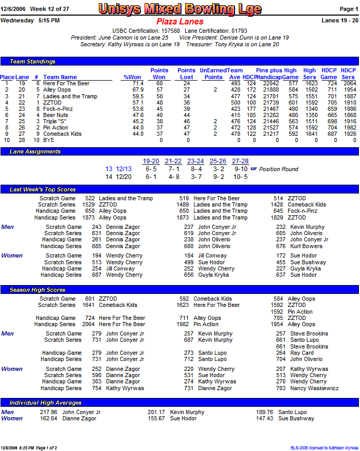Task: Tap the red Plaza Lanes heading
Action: (x=179, y=21)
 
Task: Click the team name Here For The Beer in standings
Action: (x=66, y=83)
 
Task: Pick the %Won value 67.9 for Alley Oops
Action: (x=137, y=90)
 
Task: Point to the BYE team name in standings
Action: (x=49, y=140)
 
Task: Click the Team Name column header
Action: (x=60, y=77)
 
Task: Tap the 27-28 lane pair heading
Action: (x=240, y=161)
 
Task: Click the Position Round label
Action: (x=278, y=169)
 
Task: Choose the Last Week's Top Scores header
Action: (x=43, y=189)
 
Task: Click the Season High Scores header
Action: (x=37, y=290)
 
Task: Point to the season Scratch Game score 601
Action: (x=90, y=299)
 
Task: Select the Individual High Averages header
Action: (x=46, y=403)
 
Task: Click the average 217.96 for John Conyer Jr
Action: (x=48, y=412)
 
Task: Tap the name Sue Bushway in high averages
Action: (x=296, y=418)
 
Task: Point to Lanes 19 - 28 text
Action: (x=340, y=20)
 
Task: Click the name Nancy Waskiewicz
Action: (x=314, y=388)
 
